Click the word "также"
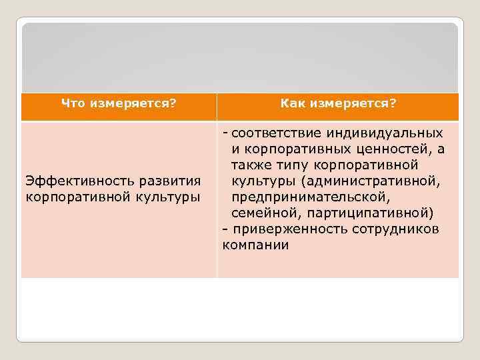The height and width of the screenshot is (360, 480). tap(249, 165)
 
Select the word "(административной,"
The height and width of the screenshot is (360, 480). tap(369, 181)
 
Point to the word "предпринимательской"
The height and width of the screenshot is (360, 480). tap(309, 197)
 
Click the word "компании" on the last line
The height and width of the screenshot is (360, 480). tap(255, 245)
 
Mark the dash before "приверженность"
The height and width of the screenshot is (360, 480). tap(225, 229)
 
